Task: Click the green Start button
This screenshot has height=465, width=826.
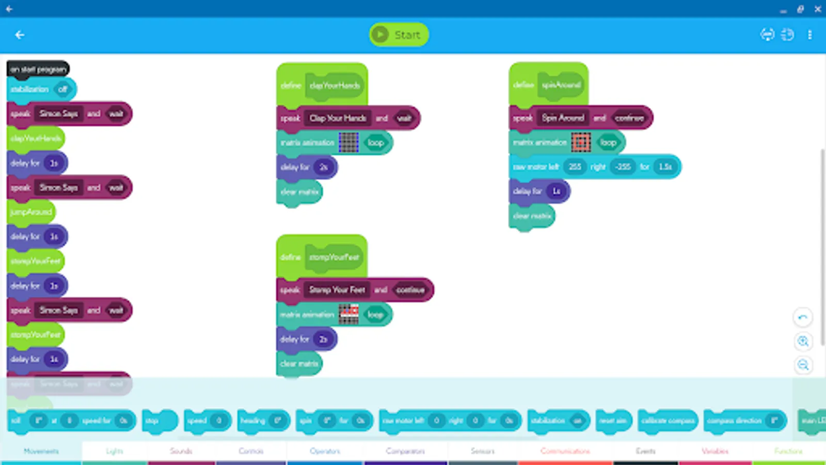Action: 399,35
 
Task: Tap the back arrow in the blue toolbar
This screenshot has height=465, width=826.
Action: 20,35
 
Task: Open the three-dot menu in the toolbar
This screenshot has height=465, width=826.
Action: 809,35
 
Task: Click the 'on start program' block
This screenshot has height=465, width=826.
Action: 38,69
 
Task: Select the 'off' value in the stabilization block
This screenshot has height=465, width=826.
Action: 62,89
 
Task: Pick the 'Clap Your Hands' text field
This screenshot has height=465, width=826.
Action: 338,118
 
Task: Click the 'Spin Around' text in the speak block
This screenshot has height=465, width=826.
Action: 563,118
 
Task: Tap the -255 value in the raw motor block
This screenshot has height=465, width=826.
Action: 623,167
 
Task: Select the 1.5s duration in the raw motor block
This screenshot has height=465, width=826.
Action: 665,167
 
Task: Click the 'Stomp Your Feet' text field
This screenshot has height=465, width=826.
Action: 337,290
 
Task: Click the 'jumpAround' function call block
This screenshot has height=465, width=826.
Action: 31,212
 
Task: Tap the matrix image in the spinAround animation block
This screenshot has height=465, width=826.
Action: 581,143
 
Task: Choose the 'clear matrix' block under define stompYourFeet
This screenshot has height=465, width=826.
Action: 299,364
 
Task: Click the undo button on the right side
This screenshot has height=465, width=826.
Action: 803,317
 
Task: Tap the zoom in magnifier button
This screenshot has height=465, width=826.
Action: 803,342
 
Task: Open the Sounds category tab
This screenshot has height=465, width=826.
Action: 181,451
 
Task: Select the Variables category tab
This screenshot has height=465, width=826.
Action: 714,451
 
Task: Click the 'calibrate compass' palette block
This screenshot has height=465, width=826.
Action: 668,421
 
